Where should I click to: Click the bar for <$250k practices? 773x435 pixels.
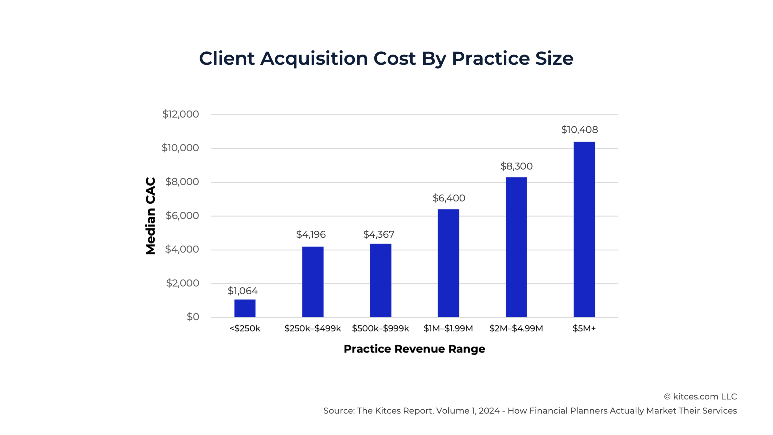click(x=245, y=308)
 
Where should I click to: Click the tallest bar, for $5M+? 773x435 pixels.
click(x=584, y=229)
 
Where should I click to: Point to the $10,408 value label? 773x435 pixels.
click(x=579, y=130)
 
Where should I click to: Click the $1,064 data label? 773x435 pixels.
click(x=242, y=291)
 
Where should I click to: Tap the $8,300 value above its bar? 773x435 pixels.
click(x=516, y=166)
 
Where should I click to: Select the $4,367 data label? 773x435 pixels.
click(x=379, y=234)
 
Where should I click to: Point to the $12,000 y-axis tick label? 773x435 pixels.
click(x=181, y=114)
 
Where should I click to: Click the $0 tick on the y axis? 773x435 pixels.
click(x=193, y=317)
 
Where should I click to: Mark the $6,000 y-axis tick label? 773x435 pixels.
click(x=182, y=216)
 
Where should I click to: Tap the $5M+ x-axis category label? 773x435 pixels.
click(x=584, y=328)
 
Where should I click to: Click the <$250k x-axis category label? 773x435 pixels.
click(x=245, y=328)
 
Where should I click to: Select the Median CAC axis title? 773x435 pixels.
click(x=150, y=216)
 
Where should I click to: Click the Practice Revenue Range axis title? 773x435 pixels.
click(x=414, y=349)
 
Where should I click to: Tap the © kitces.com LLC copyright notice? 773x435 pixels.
click(x=700, y=397)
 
